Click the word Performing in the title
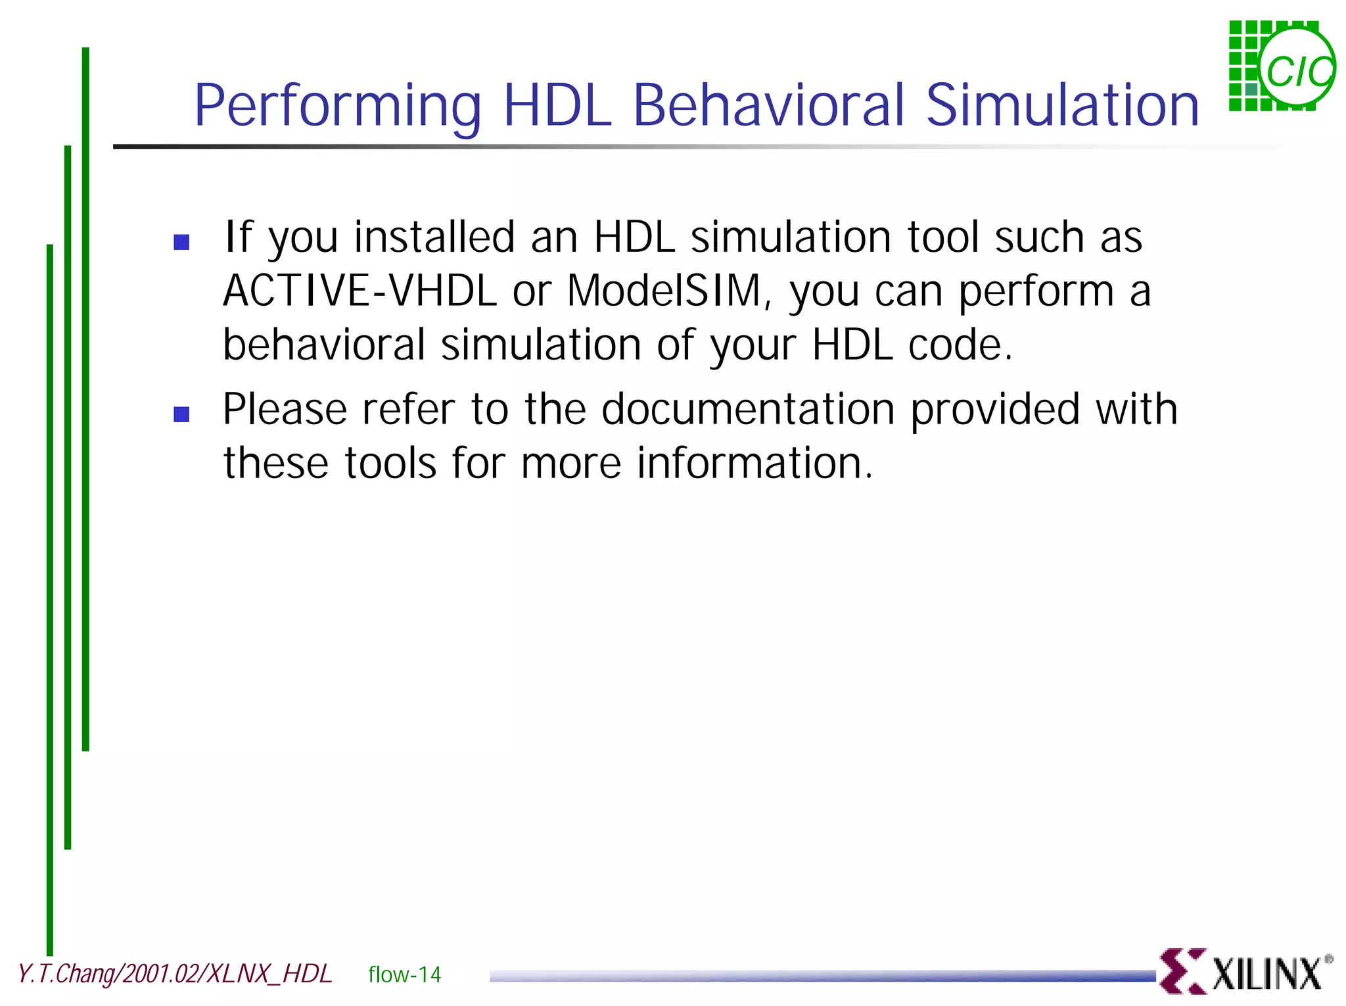click(x=338, y=107)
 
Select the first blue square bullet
click(x=181, y=242)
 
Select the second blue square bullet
click(x=181, y=414)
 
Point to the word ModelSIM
click(x=664, y=291)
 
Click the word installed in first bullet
click(x=434, y=237)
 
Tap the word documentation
click(x=748, y=410)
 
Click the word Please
click(x=285, y=410)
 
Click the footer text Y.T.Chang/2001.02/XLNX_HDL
click(x=175, y=974)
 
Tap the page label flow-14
click(x=404, y=974)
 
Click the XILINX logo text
click(x=1266, y=974)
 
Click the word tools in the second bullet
click(x=390, y=463)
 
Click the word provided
click(x=994, y=410)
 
